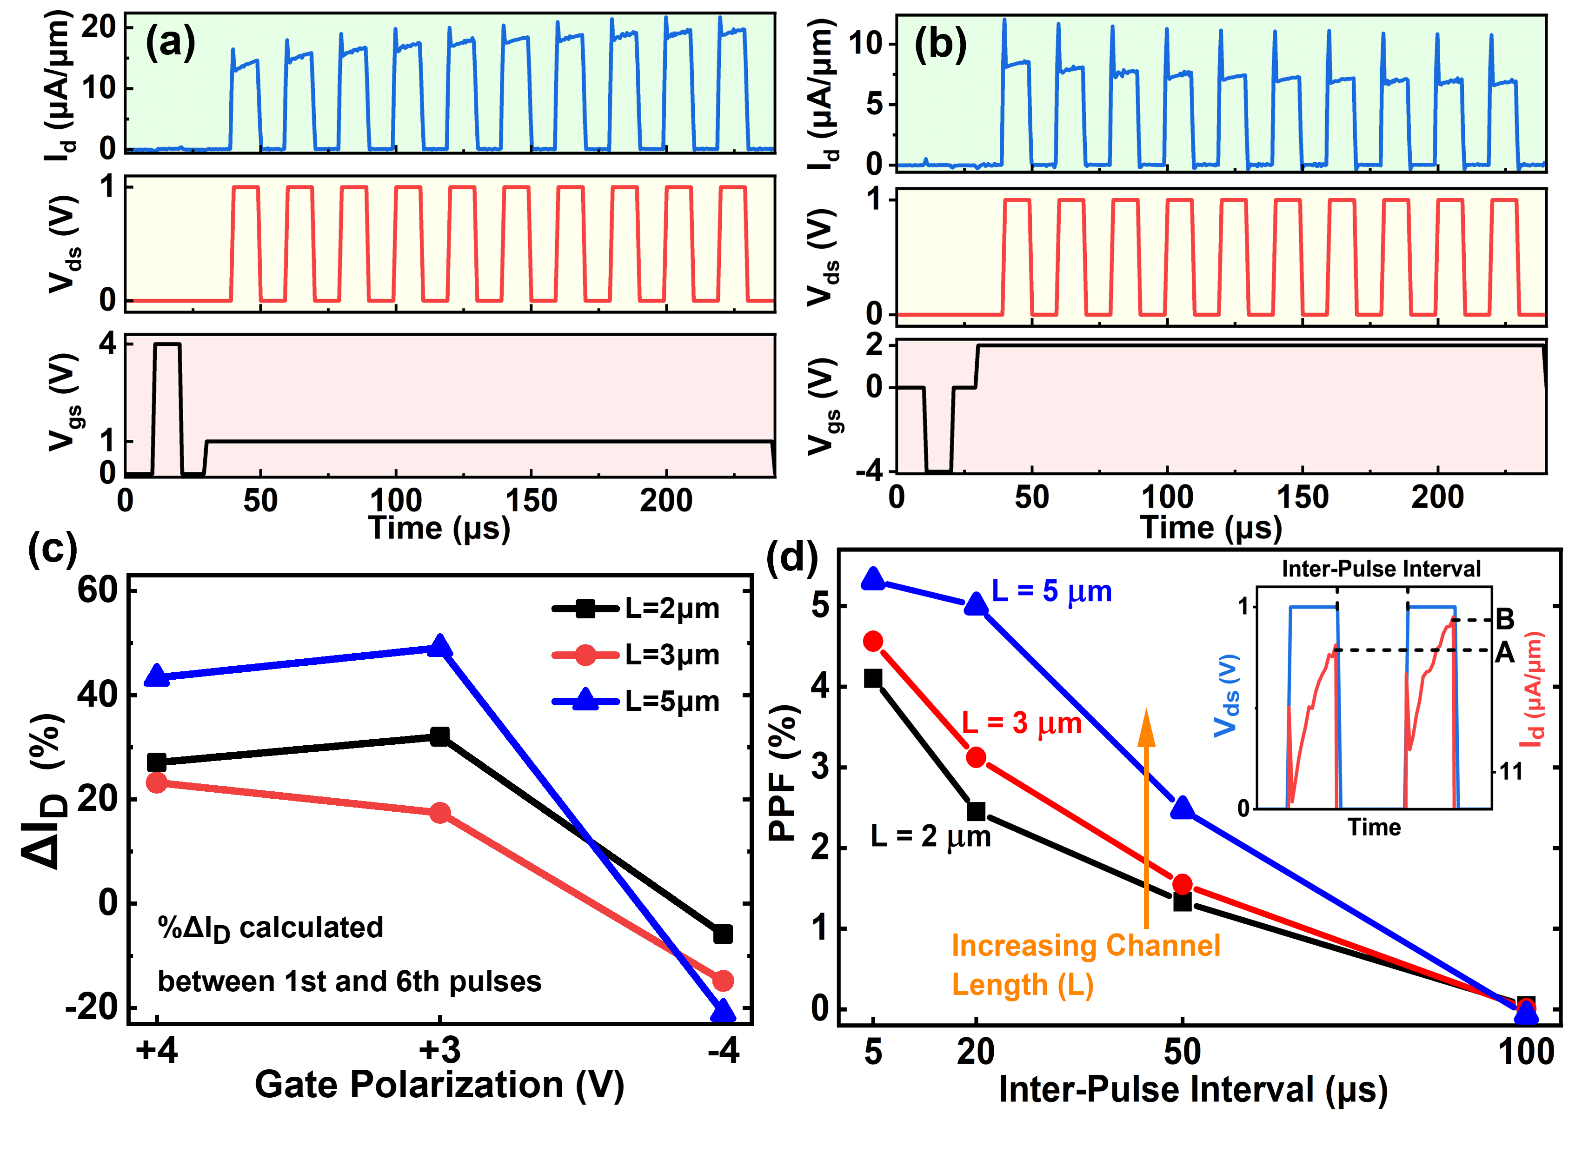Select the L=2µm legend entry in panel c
tap(637, 608)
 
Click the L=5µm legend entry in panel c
tap(637, 701)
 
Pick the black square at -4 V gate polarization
tap(722, 934)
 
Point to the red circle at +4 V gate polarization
tap(157, 782)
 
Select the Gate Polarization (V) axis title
tap(439, 1085)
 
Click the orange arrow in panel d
tap(1146, 815)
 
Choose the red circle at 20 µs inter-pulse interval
tap(976, 757)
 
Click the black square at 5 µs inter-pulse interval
tap(873, 678)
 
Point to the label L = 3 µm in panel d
tap(1021, 723)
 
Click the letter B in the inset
tap(1505, 619)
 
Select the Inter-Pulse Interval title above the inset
tap(1381, 568)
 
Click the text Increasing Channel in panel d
tap(1085, 946)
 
